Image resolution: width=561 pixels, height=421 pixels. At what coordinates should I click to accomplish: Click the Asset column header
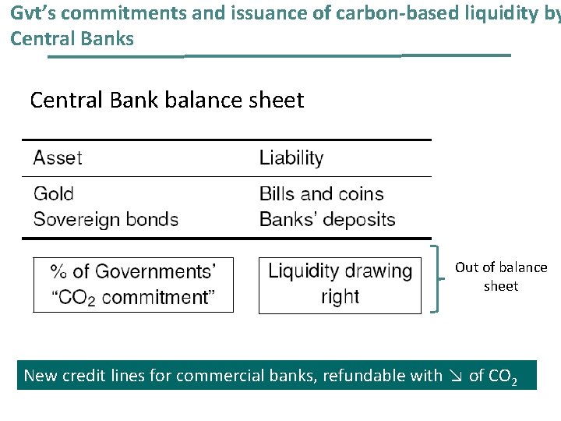tap(58, 158)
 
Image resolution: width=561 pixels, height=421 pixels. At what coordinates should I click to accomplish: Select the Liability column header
tap(291, 158)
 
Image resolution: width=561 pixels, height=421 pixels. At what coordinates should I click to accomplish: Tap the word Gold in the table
tap(54, 194)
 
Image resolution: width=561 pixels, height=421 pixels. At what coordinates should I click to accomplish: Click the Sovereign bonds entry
tap(105, 219)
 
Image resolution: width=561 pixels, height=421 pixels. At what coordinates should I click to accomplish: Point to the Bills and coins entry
tap(321, 194)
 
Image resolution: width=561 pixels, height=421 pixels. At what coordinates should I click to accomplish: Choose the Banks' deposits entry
tap(327, 219)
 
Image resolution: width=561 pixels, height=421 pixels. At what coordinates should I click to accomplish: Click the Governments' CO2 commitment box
tap(133, 285)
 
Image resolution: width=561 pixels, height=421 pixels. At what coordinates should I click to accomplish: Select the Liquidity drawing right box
tap(340, 285)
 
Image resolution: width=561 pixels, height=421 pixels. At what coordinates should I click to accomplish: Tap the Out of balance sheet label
tap(501, 277)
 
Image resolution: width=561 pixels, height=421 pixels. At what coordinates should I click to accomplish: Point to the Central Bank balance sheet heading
tap(167, 101)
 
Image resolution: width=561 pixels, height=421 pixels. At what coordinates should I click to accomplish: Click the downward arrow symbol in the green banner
tap(456, 377)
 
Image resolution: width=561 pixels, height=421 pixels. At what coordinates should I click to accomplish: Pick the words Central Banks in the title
tap(72, 38)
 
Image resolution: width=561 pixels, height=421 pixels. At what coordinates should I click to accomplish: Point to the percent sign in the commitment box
tap(59, 271)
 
